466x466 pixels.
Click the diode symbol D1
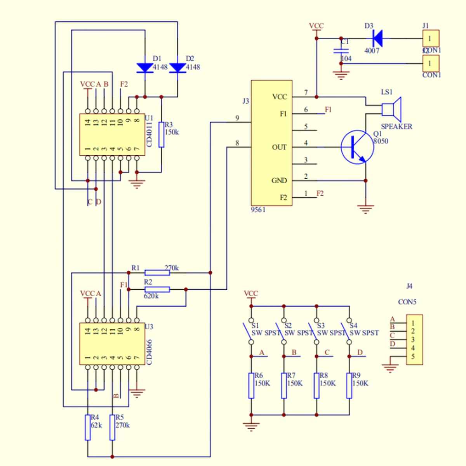coord(145,68)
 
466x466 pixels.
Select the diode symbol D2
coord(178,68)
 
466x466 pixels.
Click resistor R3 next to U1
coord(161,134)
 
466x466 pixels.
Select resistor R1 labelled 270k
coord(157,273)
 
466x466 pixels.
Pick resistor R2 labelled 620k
coord(157,289)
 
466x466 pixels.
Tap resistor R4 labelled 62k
coord(88,427)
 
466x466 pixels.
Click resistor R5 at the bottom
coord(112,427)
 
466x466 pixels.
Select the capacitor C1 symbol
coord(341,50)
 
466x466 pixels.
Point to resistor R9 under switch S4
coord(349,385)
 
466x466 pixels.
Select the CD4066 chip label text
coord(150,352)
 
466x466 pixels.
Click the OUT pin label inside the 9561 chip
coord(279,147)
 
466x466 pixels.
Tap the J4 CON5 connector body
coord(414,339)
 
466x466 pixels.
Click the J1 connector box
coord(431,38)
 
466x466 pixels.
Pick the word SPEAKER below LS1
coord(396,127)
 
